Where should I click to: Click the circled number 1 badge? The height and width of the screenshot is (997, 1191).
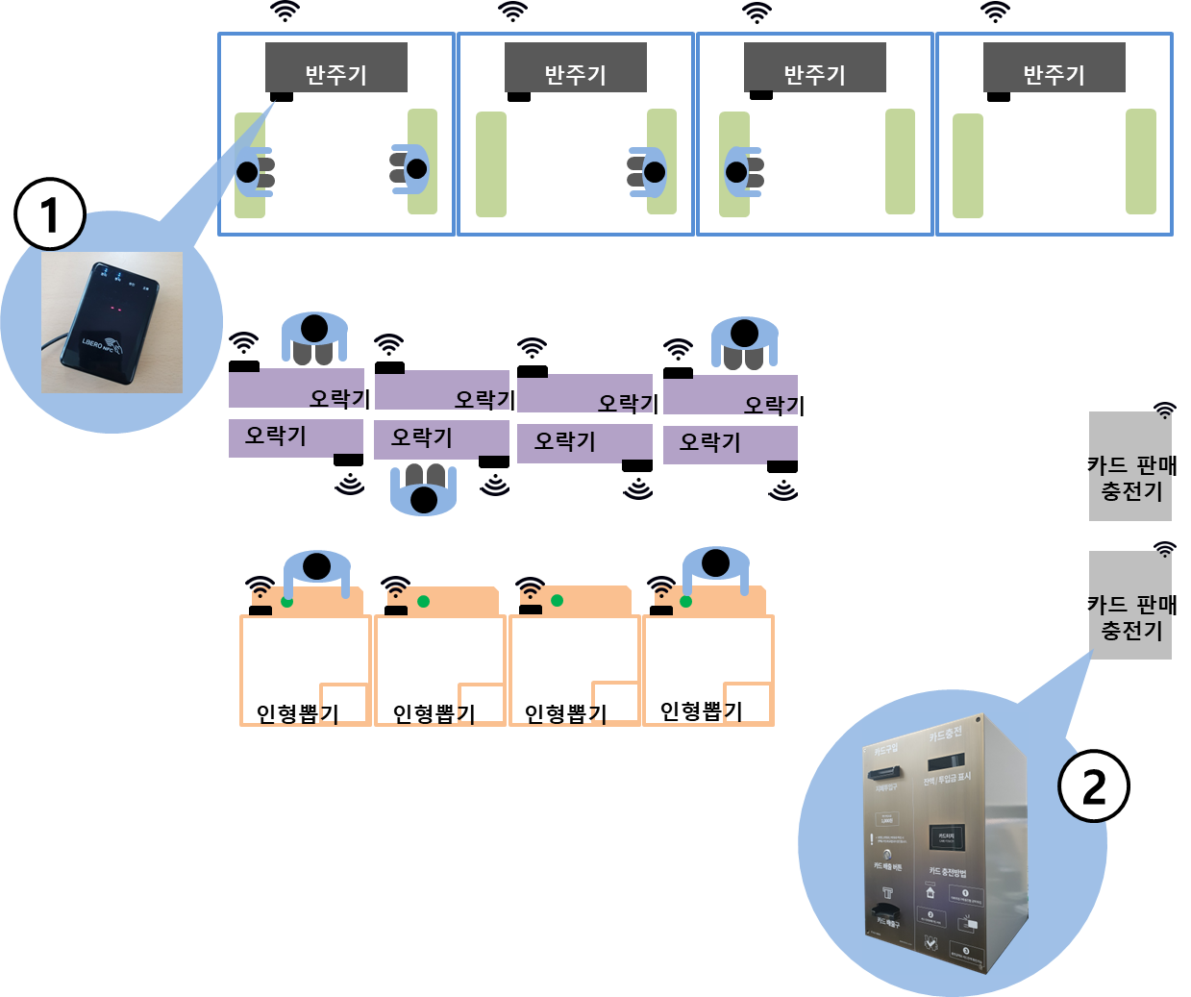pos(50,214)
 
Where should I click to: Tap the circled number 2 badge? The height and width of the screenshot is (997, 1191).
pos(1094,786)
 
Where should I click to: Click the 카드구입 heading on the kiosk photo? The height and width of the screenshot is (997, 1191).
pos(884,749)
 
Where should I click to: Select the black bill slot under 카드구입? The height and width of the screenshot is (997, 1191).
pos(884,771)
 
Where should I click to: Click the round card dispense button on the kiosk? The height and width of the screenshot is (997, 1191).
pos(887,854)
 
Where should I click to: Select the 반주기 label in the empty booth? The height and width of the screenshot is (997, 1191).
pos(1054,74)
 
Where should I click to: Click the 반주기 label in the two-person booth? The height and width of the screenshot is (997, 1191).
pos(335,74)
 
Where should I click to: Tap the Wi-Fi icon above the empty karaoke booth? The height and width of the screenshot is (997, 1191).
pos(995,12)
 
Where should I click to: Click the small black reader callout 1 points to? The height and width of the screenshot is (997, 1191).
pos(282,96)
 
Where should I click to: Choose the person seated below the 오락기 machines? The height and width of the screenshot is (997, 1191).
pos(423,490)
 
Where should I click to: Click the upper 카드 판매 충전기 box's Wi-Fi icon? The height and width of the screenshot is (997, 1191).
pos(1165,411)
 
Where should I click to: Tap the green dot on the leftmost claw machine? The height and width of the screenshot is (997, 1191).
pos(286,602)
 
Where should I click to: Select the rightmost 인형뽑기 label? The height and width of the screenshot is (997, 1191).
pos(701,711)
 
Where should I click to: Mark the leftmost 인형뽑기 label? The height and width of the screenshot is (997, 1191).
pos(297,714)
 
